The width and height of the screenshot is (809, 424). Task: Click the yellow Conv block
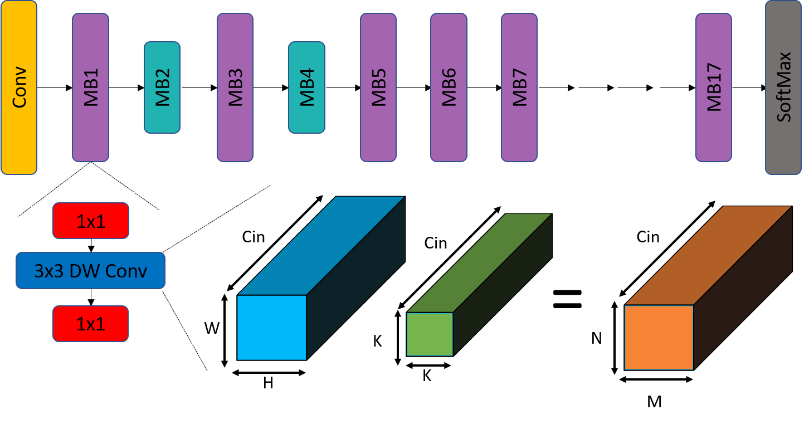click(19, 87)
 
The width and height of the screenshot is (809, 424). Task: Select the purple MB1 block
click(90, 87)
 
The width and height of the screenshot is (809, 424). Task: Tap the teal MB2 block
click(162, 87)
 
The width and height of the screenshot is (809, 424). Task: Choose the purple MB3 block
click(235, 87)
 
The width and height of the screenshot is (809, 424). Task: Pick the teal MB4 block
click(306, 87)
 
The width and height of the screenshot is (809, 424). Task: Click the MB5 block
click(378, 87)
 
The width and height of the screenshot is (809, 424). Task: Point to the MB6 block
click(449, 87)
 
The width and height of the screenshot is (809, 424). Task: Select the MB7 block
click(519, 87)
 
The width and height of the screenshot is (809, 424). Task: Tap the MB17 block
click(714, 87)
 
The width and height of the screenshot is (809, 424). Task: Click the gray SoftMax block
click(783, 87)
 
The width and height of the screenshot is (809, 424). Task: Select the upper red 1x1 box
click(91, 221)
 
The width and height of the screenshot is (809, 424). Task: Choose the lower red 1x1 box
click(91, 324)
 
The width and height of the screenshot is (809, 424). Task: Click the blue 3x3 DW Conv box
click(90, 271)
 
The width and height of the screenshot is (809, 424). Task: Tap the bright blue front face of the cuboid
click(272, 328)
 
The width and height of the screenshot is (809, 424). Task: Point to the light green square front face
click(430, 334)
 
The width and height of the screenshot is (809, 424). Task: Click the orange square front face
click(659, 337)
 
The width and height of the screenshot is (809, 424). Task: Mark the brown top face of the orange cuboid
click(708, 256)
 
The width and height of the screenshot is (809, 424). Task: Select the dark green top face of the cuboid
click(479, 263)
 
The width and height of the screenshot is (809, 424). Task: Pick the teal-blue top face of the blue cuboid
click(321, 245)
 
